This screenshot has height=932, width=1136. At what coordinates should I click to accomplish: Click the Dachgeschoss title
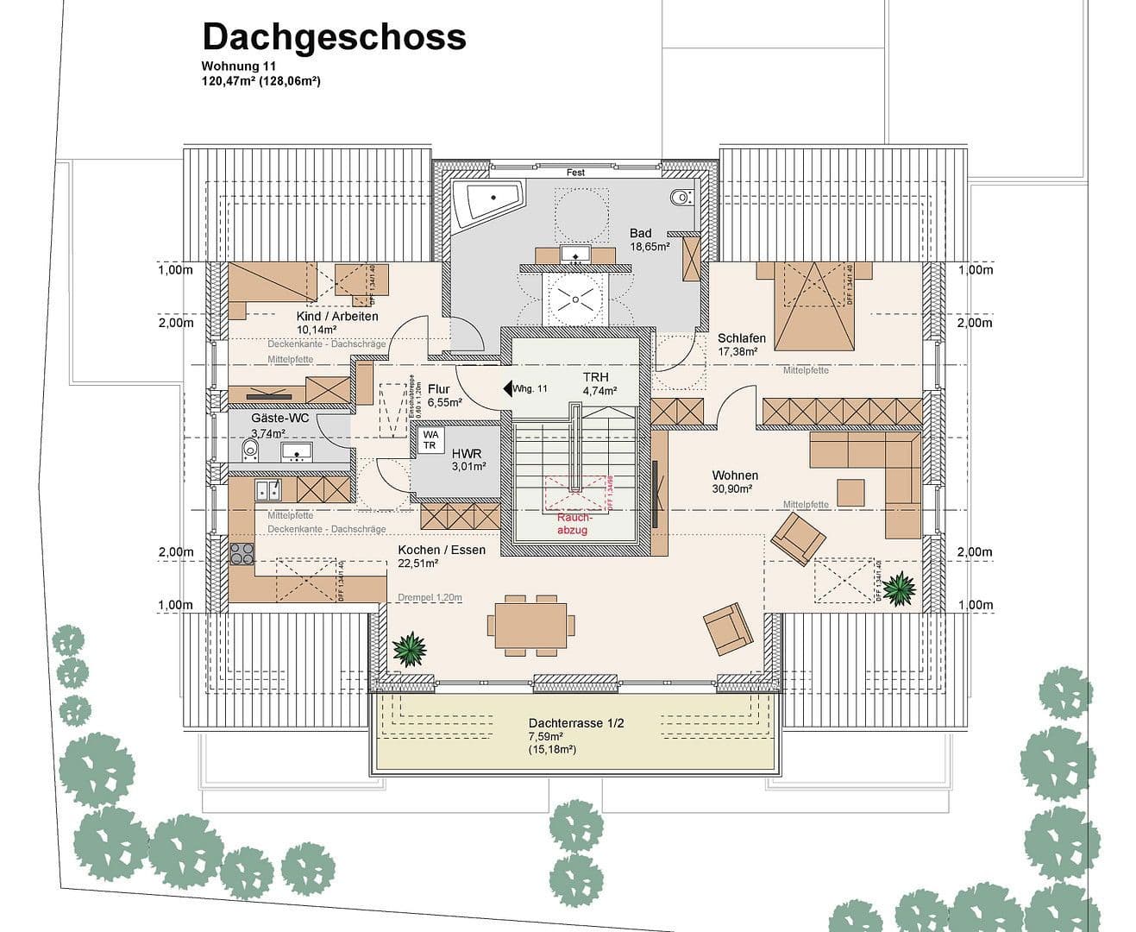pyautogui.click(x=334, y=37)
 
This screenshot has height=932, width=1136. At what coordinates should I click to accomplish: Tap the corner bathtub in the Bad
pyautogui.click(x=486, y=199)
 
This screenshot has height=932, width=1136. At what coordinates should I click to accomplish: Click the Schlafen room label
pyautogui.click(x=741, y=338)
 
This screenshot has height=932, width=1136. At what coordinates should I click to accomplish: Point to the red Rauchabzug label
pyautogui.click(x=572, y=523)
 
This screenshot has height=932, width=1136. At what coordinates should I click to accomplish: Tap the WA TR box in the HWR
pyautogui.click(x=430, y=440)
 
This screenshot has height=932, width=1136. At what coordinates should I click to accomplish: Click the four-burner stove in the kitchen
pyautogui.click(x=242, y=553)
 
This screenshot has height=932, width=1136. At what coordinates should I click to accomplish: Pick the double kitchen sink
pyautogui.click(x=267, y=490)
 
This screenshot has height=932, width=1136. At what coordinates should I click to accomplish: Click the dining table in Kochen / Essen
pyautogui.click(x=530, y=624)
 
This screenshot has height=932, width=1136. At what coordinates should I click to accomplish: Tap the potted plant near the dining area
pyautogui.click(x=409, y=648)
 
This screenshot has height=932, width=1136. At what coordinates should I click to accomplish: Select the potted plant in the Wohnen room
pyautogui.click(x=898, y=589)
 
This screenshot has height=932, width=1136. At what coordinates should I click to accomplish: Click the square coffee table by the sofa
pyautogui.click(x=850, y=492)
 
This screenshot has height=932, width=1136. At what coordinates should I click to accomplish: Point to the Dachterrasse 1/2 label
pyautogui.click(x=575, y=723)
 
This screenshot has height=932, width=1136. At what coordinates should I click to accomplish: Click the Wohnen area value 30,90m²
pyautogui.click(x=731, y=488)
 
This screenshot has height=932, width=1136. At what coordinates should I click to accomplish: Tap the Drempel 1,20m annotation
pyautogui.click(x=430, y=597)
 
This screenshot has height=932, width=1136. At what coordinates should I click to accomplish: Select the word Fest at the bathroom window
pyautogui.click(x=575, y=173)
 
